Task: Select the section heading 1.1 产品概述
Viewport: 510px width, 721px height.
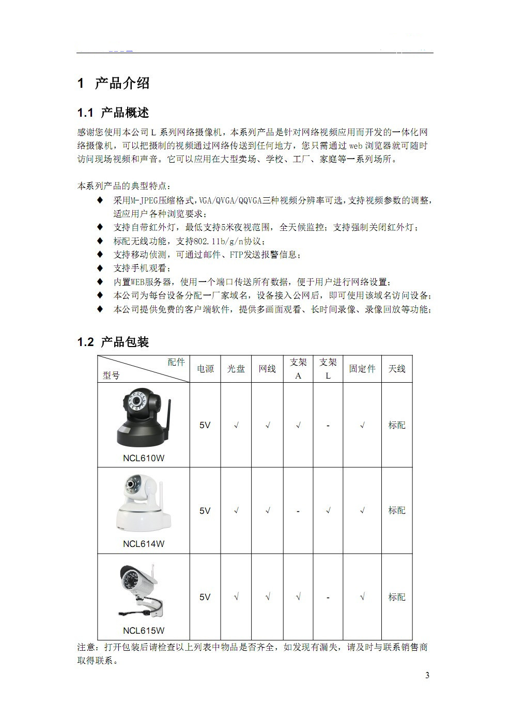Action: coord(113,113)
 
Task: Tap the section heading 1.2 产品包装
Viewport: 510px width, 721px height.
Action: coord(113,342)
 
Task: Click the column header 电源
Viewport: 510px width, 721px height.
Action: coord(205,369)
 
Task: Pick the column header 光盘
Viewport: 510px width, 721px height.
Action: coord(236,369)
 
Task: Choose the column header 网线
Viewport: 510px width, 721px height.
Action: coord(267,369)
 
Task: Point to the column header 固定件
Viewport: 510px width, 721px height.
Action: coord(362,369)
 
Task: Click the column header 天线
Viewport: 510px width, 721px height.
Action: coord(397,369)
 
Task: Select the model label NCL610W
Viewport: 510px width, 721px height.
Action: coord(144,458)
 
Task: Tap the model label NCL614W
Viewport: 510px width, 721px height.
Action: coord(144,544)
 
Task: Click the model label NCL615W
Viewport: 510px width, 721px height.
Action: coord(144,631)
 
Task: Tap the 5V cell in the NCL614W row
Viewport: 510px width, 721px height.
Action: coord(205,511)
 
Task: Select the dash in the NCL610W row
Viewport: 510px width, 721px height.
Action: coord(328,426)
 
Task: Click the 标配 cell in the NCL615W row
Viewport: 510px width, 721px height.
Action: coord(397,597)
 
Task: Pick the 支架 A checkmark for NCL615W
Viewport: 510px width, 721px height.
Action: coord(298,597)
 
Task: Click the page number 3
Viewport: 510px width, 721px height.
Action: coord(427,676)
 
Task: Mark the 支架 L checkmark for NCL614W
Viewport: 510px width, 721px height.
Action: coord(328,511)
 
